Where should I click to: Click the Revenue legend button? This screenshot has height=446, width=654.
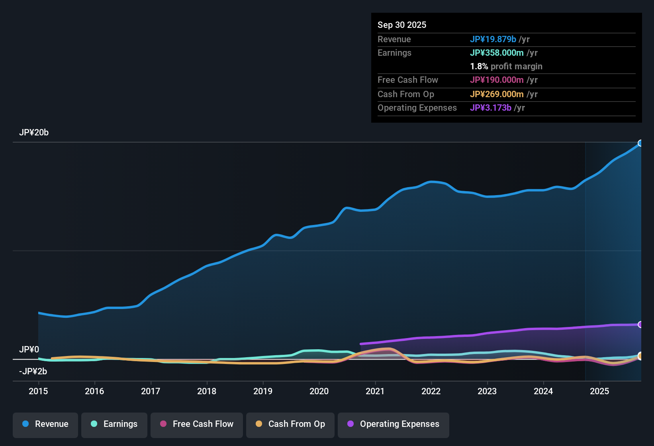[x=45, y=424]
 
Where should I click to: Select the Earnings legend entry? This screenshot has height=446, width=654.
[x=114, y=424]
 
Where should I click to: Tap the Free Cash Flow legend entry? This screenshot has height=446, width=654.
[x=197, y=424]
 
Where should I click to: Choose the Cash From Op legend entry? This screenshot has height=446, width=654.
[x=290, y=424]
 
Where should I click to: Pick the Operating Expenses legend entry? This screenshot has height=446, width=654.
[x=394, y=424]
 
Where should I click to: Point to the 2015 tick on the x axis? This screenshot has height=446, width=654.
[x=38, y=391]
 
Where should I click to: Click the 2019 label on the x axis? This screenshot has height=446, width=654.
[x=263, y=391]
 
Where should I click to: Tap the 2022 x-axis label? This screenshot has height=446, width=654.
[x=431, y=391]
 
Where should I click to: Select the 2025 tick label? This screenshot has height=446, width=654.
[x=599, y=391]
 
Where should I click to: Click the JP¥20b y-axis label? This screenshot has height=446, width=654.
[x=34, y=133]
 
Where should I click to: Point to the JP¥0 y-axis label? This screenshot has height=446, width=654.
[x=29, y=350]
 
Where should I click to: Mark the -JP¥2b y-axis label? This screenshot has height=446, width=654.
[x=33, y=372]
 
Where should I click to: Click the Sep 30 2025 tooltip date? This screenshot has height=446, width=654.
[x=402, y=25]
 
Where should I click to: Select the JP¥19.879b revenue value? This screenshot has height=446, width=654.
[x=493, y=39]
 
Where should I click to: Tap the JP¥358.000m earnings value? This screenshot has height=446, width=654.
[x=497, y=53]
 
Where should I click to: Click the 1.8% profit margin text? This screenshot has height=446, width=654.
[x=506, y=67]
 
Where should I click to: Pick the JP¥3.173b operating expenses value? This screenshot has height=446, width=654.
[x=491, y=108]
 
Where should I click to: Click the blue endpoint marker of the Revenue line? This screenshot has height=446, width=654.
[x=640, y=143]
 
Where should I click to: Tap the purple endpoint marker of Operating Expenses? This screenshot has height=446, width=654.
[x=640, y=325]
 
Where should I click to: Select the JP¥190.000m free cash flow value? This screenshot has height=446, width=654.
[x=497, y=80]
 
